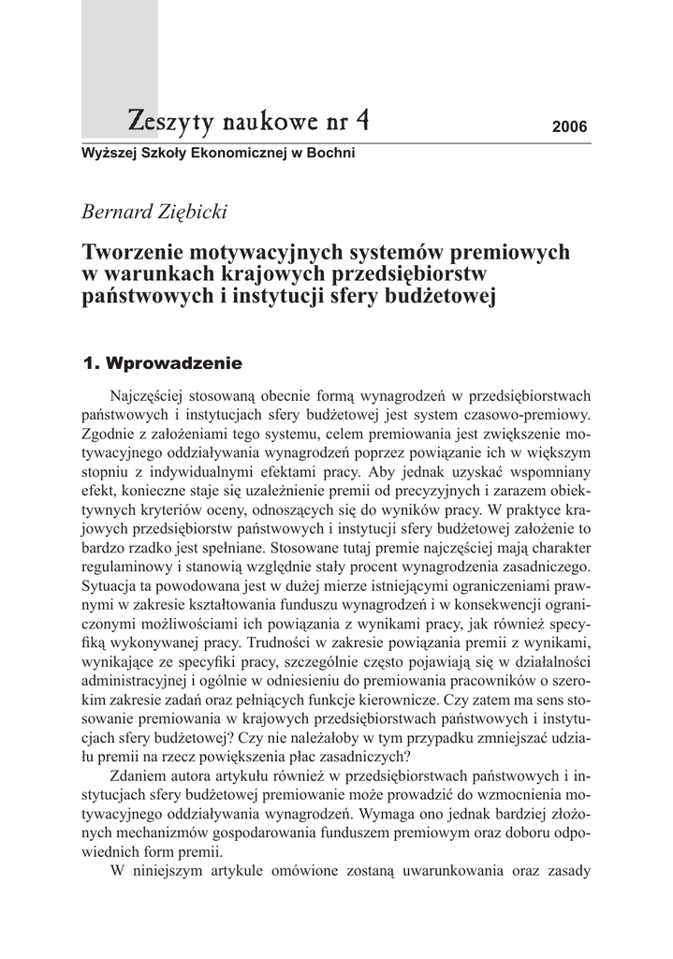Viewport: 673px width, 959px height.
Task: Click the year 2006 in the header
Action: tap(569, 126)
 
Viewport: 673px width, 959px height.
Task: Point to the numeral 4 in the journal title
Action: tap(361, 119)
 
